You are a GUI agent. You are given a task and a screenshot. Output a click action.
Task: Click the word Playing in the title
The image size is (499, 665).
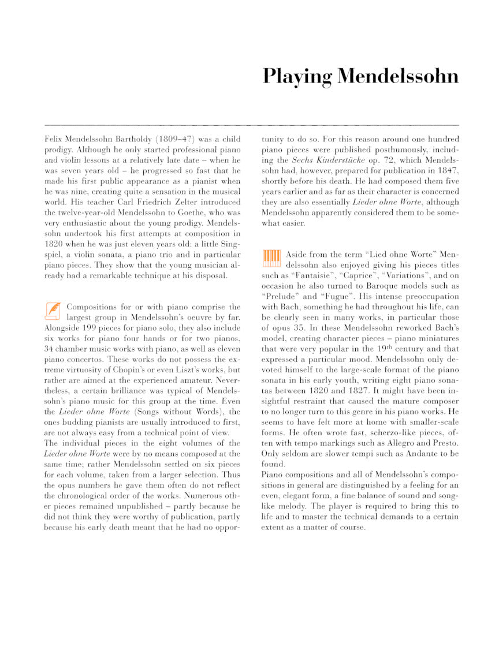tap(297, 77)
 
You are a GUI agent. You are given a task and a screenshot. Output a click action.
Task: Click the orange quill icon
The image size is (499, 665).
tap(53, 311)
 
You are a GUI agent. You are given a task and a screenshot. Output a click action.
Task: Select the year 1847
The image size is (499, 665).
tap(446, 170)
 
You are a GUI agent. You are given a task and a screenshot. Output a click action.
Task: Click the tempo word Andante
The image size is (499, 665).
tap(413, 453)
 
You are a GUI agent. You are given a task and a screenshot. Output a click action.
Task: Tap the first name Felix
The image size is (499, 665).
tap(53, 140)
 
